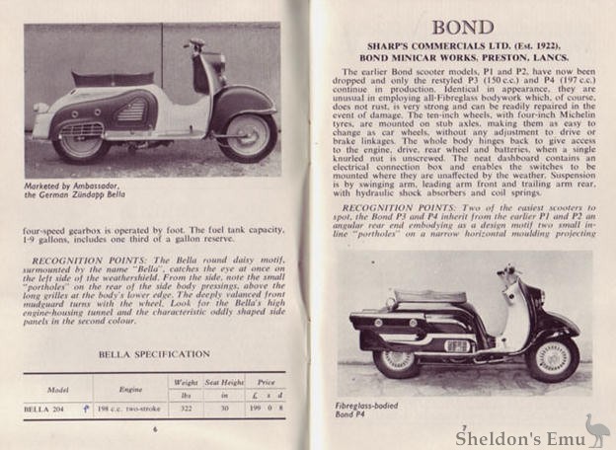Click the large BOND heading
tap(462, 26)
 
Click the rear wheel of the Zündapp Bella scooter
tap(81, 145)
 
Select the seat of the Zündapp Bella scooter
tap(111, 78)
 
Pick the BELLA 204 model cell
tap(55, 407)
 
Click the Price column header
tap(267, 381)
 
